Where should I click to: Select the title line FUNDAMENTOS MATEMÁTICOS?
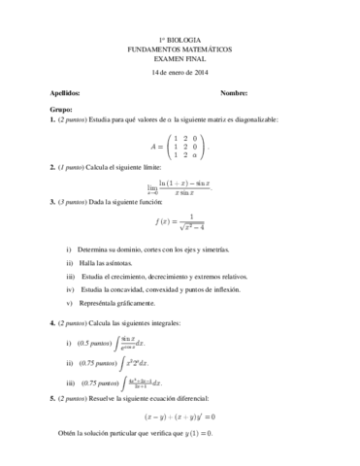pyautogui.click(x=180, y=50)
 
